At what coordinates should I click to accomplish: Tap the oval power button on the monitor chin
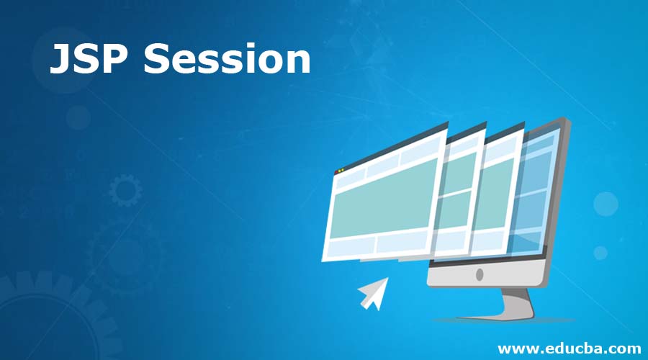480,274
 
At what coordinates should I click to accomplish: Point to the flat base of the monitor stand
504,318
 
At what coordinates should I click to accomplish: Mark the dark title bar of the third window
504,132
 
